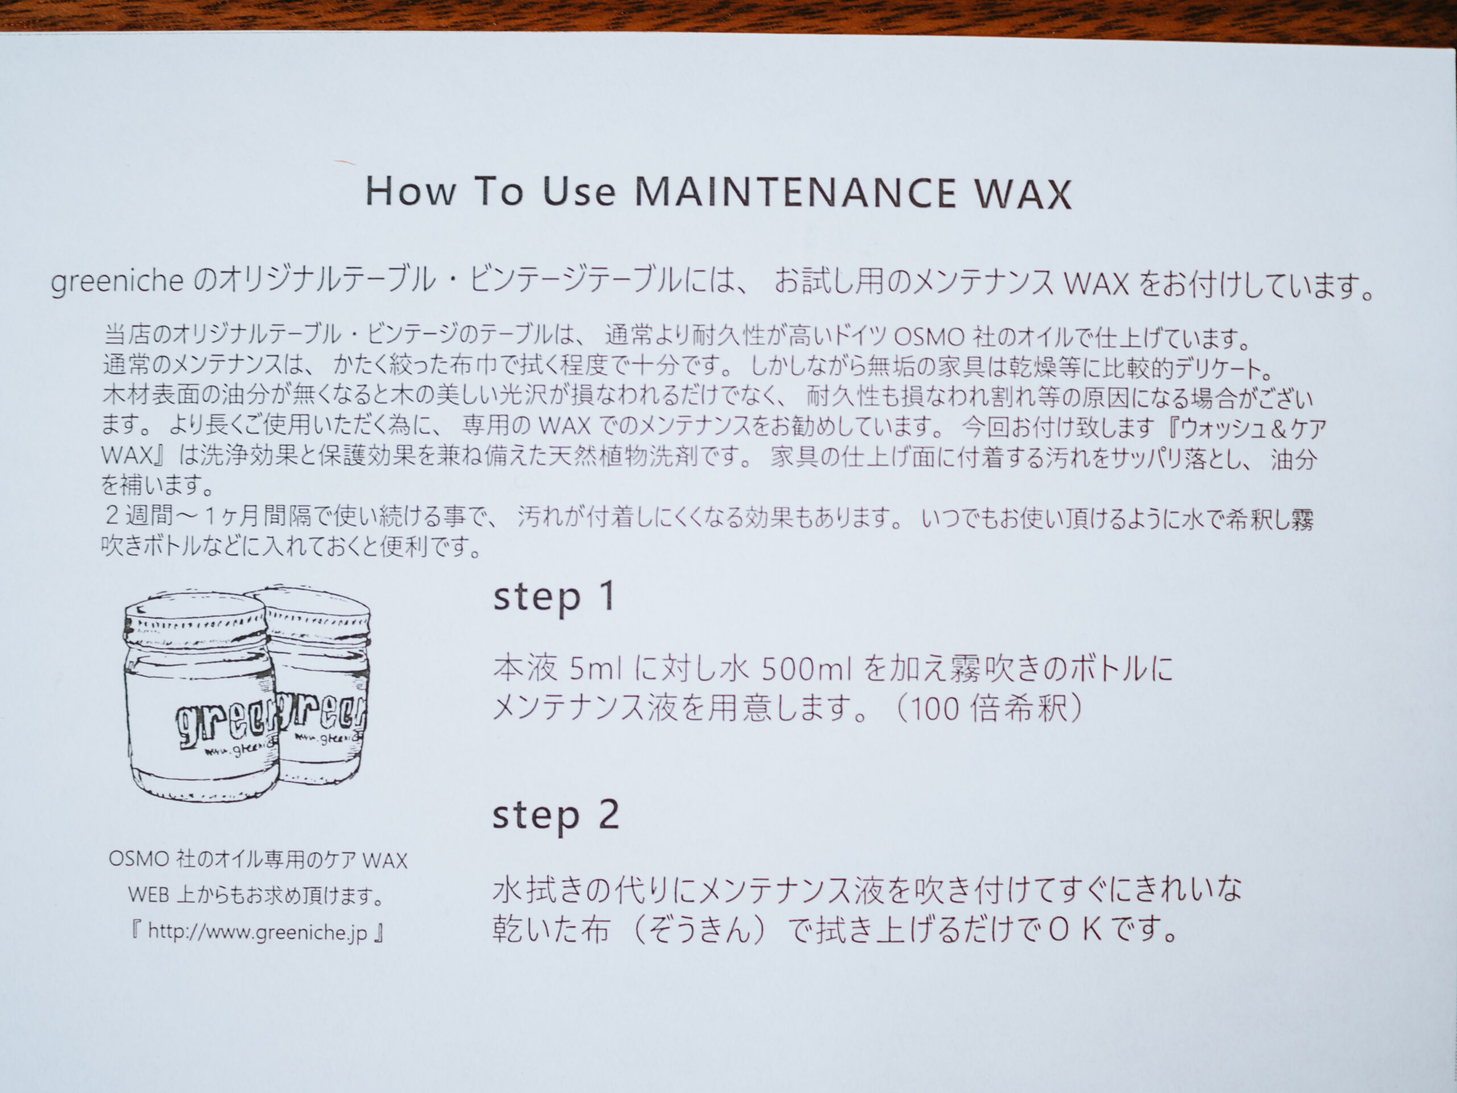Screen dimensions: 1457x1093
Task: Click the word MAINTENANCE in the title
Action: coord(796,192)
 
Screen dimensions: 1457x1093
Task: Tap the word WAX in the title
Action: coord(1023,194)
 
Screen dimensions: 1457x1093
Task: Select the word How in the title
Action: coord(410,191)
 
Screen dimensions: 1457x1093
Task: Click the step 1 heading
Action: coord(554,598)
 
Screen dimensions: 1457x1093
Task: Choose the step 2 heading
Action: coord(556,816)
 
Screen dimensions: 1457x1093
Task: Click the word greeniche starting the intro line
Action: coord(117,281)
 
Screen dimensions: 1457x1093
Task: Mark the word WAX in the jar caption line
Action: coord(385,860)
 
